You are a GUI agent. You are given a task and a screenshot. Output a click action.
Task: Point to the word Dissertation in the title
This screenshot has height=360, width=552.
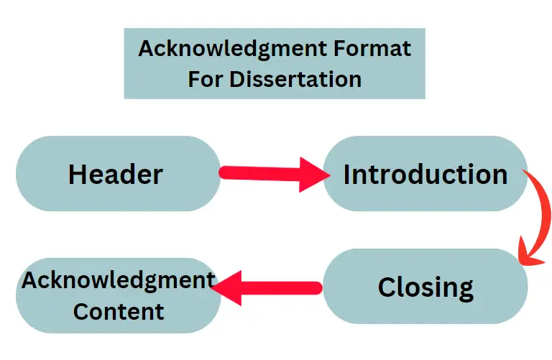point(295,78)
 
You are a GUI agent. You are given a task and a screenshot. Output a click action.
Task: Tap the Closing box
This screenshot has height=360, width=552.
point(425,287)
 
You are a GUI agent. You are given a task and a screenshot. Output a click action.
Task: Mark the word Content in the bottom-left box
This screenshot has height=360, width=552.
point(119,312)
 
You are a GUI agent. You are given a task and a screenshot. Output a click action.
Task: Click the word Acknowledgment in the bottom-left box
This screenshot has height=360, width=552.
point(119,280)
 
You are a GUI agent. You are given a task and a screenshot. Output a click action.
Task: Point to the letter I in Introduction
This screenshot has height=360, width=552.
point(347,174)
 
